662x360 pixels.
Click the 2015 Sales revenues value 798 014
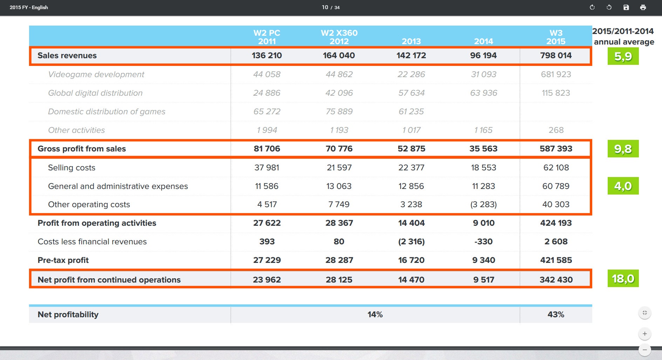[x=556, y=55]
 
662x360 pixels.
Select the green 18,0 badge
[x=623, y=278]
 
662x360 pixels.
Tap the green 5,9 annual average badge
[x=623, y=56]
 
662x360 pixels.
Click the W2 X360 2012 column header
[x=339, y=37]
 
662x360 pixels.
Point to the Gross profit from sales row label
[x=82, y=149]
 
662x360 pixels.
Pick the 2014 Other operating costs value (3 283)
[x=484, y=204]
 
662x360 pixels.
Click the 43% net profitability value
[x=556, y=314]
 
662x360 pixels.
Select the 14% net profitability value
[x=375, y=314]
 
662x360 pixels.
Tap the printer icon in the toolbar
[x=643, y=7]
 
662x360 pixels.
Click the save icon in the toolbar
[x=626, y=7]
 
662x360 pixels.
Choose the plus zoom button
[x=645, y=334]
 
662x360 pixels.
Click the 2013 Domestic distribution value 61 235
[x=411, y=111]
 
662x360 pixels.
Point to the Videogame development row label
[x=96, y=74]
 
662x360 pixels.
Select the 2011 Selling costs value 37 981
[x=267, y=168]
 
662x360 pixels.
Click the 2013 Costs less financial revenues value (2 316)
[x=411, y=242]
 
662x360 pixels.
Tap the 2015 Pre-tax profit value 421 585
[x=556, y=260]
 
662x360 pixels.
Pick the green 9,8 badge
[x=623, y=149]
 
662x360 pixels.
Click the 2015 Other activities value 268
[x=556, y=130]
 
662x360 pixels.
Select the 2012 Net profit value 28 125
[x=339, y=280]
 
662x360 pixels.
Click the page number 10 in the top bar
[x=325, y=7]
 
